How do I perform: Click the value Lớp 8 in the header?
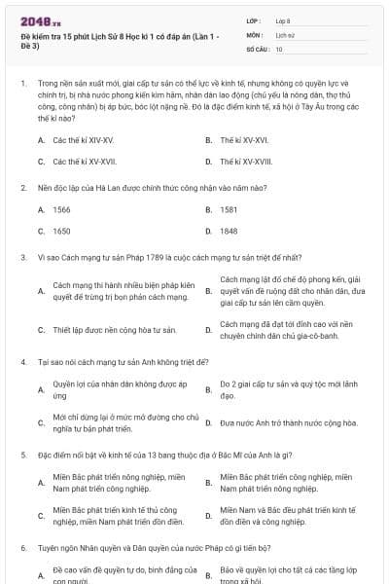(283, 19)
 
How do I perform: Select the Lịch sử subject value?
(284, 33)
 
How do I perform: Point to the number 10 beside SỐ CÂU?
(279, 48)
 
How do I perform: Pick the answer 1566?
(61, 209)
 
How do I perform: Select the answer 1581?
(229, 209)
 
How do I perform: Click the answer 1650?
(61, 232)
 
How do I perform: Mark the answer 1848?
(229, 232)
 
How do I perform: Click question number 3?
(22, 258)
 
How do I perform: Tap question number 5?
(22, 455)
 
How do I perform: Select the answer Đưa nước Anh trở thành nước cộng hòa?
(289, 422)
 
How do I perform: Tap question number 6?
(22, 548)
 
